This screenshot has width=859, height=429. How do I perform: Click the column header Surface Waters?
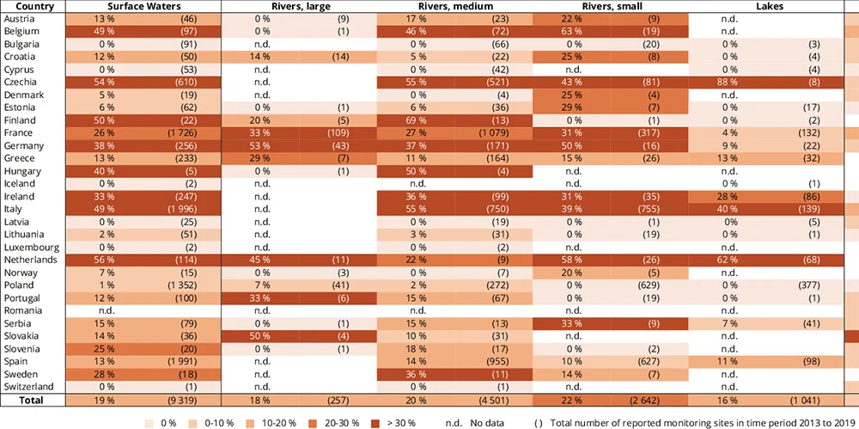point(143,6)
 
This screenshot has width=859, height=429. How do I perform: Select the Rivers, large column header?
point(299,6)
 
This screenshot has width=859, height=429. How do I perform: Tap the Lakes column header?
point(766,6)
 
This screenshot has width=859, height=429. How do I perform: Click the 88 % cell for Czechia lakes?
point(728,83)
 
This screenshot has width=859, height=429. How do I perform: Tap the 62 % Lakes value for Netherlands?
point(728,260)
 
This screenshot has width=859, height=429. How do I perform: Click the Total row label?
point(32,401)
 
